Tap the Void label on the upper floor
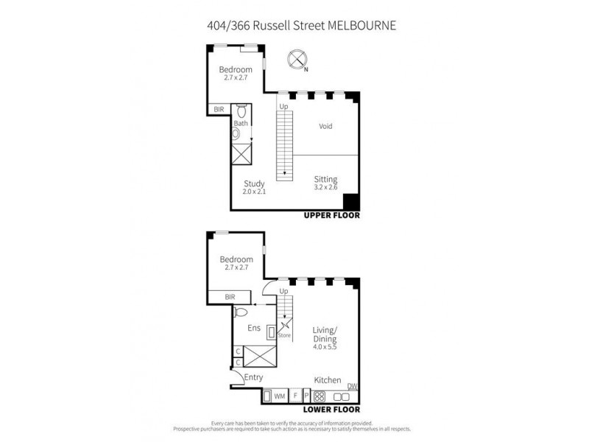(325, 126)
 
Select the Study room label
(254, 184)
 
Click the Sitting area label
(325, 179)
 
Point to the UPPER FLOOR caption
(331, 216)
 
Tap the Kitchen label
(328, 380)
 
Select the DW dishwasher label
(352, 386)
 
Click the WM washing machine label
(279, 396)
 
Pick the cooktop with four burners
(320, 396)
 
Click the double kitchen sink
(340, 396)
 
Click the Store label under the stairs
(284, 336)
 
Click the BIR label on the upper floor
(219, 109)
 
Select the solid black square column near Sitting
(350, 202)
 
